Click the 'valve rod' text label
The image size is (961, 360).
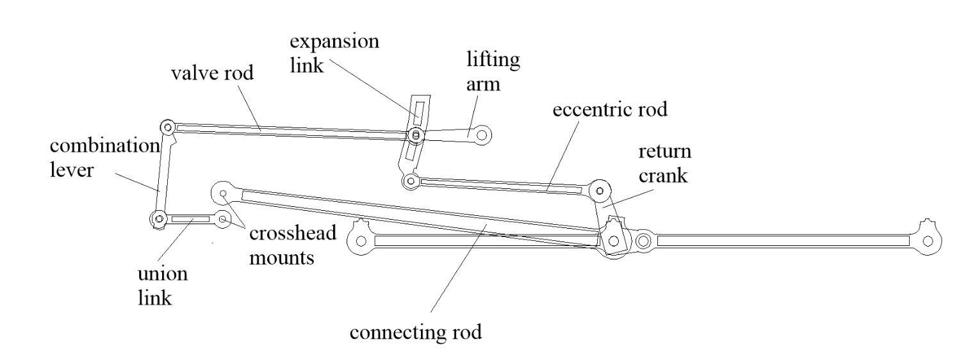212,73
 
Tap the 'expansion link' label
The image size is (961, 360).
334,54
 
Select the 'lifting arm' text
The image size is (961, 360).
493,71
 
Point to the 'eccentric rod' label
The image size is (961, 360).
610,110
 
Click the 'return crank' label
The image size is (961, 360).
664,163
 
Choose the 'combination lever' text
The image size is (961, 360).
104,158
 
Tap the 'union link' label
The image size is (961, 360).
163,286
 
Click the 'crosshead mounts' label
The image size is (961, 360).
293,245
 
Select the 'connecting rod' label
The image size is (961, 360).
416,332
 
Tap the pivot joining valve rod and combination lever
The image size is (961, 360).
167,127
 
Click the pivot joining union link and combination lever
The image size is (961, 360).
159,219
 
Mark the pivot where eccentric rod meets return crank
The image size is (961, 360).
600,191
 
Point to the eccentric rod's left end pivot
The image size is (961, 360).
411,181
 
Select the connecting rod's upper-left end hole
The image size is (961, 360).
223,193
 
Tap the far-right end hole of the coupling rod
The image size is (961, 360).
928,241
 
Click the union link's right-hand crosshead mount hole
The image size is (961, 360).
223,219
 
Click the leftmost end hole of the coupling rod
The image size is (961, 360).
361,241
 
